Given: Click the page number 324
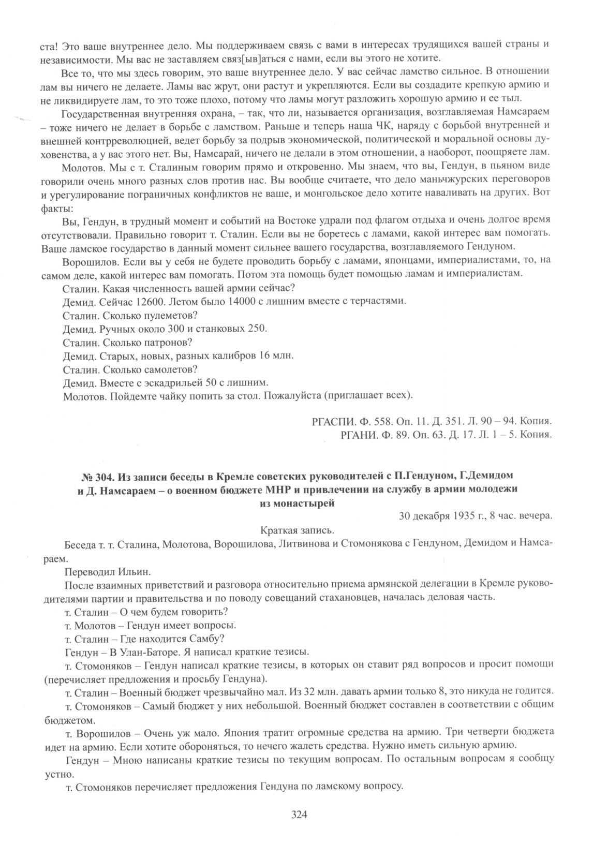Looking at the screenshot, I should (300, 815).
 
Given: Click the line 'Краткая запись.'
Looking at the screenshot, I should (298, 530).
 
